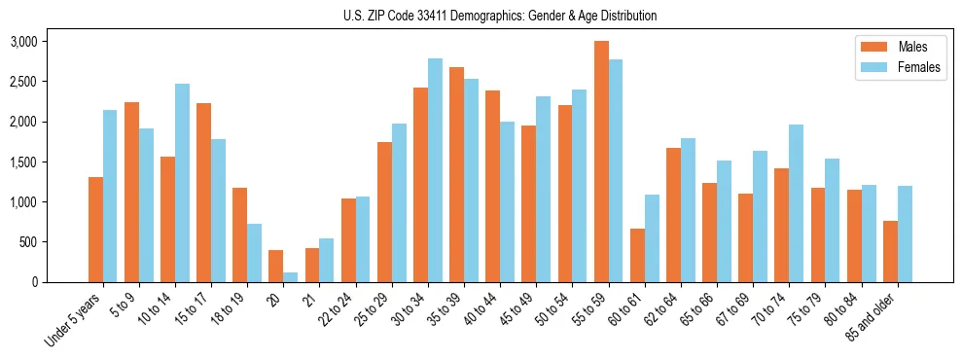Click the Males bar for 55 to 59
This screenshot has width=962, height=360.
[x=602, y=162]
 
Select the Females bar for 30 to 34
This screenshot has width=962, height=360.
[x=435, y=170]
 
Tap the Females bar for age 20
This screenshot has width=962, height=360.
[x=291, y=277]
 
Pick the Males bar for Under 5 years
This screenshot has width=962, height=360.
[x=95, y=230]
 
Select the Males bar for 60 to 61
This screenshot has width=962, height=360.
[x=638, y=255]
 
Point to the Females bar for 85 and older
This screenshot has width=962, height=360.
[x=905, y=234]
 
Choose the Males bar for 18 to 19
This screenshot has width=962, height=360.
[x=240, y=234]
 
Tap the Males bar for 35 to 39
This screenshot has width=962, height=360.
[x=457, y=174]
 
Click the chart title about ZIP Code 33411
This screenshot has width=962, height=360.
[x=500, y=16]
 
